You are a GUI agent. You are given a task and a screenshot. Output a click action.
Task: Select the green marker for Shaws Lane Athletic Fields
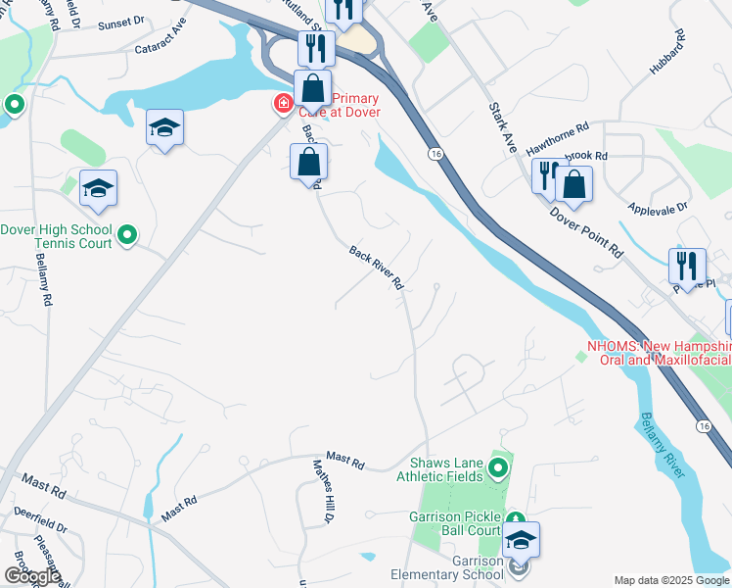(499, 468)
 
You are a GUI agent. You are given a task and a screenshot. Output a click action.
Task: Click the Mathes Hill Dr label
(324, 490)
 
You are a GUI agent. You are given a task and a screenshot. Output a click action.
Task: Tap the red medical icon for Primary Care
(283, 103)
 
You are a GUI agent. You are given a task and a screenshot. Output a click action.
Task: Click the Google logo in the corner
(32, 576)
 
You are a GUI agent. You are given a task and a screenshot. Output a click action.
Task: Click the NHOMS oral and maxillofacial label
(658, 353)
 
